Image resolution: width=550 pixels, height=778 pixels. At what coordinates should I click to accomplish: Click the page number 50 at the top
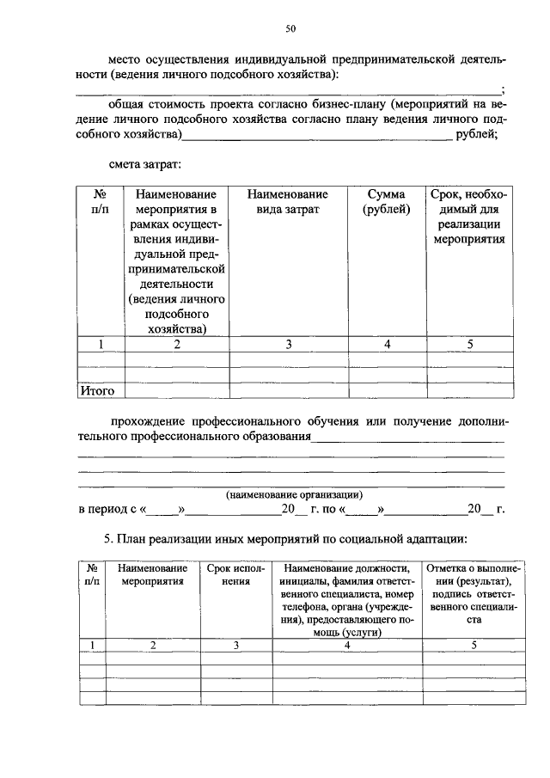290,29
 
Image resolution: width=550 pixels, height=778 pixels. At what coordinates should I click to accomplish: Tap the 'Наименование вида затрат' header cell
289,202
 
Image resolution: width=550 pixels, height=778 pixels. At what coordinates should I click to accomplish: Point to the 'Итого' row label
97,391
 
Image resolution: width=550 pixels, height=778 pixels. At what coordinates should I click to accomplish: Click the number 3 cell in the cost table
289,345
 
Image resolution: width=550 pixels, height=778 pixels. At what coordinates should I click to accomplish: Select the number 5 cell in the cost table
469,345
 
